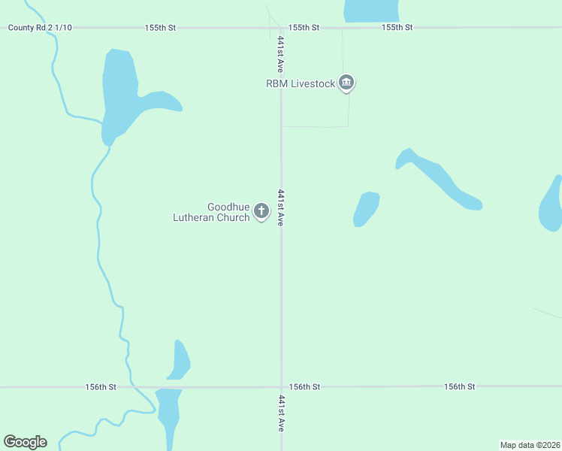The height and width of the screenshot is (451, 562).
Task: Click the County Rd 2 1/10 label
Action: point(40,28)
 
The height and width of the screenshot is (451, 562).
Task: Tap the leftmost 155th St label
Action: point(160,28)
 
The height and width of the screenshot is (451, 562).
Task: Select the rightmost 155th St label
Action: point(397,28)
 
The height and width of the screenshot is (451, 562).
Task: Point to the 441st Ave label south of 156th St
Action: point(281,413)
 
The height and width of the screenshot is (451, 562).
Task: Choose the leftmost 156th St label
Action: point(101,387)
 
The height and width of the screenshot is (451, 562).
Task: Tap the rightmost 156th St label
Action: point(460,386)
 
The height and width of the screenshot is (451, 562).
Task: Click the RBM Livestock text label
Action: point(301,83)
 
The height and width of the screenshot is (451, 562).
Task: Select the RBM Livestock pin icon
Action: point(346,83)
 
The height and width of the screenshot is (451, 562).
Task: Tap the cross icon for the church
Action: point(261,211)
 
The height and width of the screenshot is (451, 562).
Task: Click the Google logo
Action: point(25,442)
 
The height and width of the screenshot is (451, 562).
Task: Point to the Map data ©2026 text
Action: point(530,445)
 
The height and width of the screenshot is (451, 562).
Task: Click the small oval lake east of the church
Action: point(366,208)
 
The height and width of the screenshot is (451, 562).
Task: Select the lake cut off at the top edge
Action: point(370,10)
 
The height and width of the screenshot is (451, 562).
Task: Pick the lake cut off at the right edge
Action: point(551,204)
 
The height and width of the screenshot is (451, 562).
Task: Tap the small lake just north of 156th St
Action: point(180,359)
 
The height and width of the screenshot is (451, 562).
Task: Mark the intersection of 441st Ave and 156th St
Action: point(281,387)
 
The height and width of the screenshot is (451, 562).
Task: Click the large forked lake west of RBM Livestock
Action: point(120,90)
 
